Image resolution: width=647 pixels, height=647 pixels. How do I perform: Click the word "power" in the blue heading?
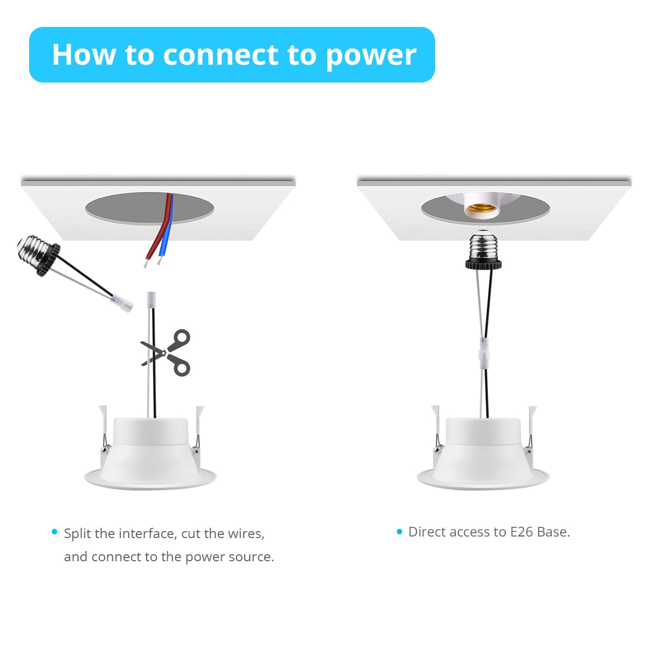tap(371, 56)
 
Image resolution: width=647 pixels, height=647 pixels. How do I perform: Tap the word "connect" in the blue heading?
tap(221, 55)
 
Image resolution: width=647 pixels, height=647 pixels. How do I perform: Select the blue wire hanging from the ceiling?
tap(167, 232)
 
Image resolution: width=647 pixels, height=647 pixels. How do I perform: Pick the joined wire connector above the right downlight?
tap(484, 353)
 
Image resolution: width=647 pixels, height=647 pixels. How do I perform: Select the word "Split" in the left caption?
tap(78, 534)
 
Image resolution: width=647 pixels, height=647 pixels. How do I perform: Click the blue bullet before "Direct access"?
tap(399, 532)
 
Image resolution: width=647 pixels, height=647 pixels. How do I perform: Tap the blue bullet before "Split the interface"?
tap(54, 532)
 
